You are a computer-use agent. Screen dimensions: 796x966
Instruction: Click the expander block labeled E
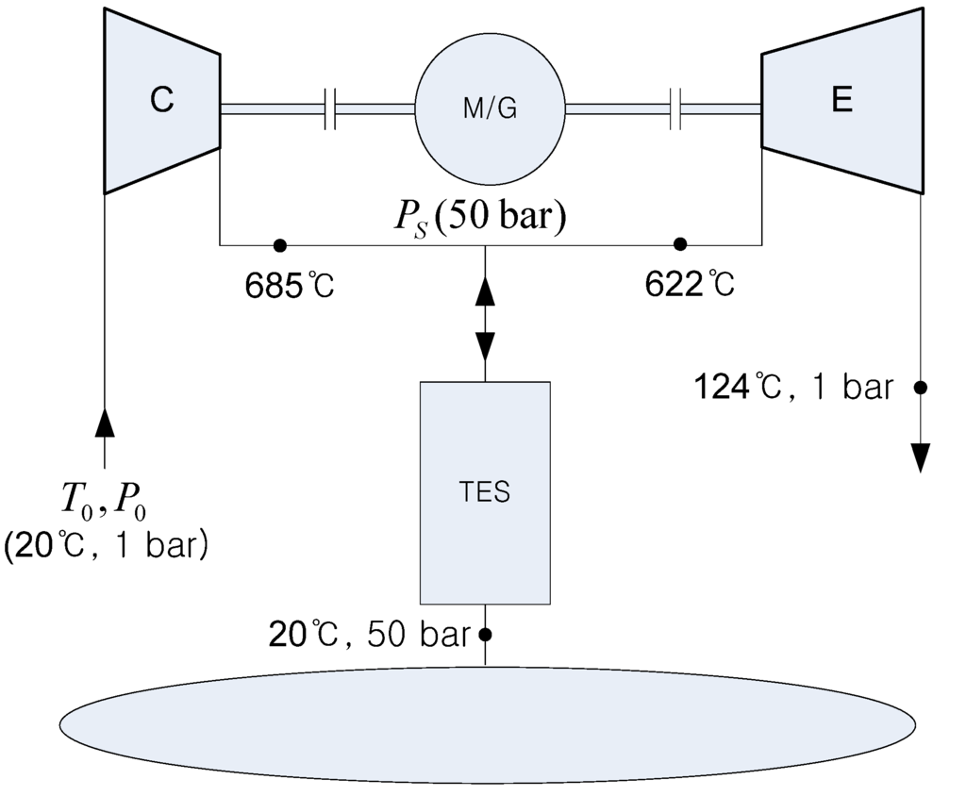pyautogui.click(x=841, y=101)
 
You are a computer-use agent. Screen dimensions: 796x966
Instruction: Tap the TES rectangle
pyautogui.click(x=485, y=492)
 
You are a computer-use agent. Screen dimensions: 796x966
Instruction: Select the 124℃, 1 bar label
pyautogui.click(x=792, y=388)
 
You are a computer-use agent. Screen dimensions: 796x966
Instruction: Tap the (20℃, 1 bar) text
pyautogui.click(x=106, y=546)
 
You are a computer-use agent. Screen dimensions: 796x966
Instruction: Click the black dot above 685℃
pyautogui.click(x=278, y=245)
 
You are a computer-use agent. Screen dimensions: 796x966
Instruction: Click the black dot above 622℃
pyautogui.click(x=679, y=245)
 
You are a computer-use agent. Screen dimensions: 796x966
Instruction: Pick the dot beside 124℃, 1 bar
pyautogui.click(x=921, y=387)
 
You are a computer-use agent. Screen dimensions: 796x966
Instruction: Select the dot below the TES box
pyautogui.click(x=486, y=634)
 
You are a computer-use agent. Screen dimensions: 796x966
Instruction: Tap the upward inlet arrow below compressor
pyautogui.click(x=105, y=421)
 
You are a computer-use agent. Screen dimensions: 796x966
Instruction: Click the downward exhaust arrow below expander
pyautogui.click(x=921, y=457)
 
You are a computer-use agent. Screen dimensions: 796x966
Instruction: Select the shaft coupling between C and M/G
pyautogui.click(x=329, y=109)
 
